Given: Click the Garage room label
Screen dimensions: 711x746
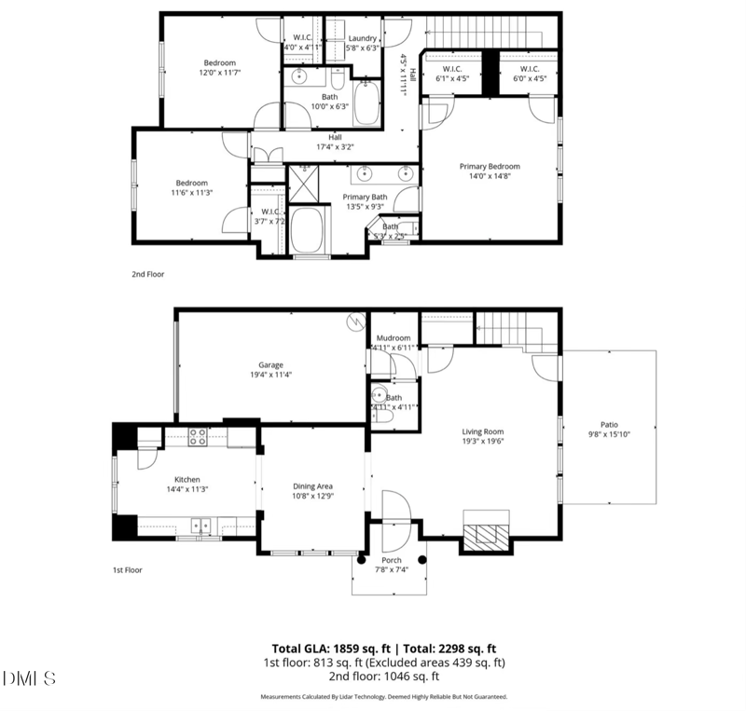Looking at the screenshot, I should [270, 365].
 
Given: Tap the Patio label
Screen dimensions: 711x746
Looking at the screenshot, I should [610, 424].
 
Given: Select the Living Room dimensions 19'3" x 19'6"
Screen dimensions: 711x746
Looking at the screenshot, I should [483, 442].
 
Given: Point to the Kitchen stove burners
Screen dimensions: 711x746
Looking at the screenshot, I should [198, 434].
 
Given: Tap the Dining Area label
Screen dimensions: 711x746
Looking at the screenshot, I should [312, 486].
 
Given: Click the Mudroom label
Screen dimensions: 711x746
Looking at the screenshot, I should [394, 338].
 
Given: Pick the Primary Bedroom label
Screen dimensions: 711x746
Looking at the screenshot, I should [489, 167].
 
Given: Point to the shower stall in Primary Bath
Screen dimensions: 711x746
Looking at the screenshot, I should [301, 184].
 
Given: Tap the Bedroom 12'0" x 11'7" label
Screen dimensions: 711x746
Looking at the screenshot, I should [220, 62].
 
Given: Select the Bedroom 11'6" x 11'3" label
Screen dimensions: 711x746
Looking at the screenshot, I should [189, 183].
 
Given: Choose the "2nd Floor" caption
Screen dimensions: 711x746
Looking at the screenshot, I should [149, 275].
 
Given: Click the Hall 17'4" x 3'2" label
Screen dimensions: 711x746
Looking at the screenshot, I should [335, 137].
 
